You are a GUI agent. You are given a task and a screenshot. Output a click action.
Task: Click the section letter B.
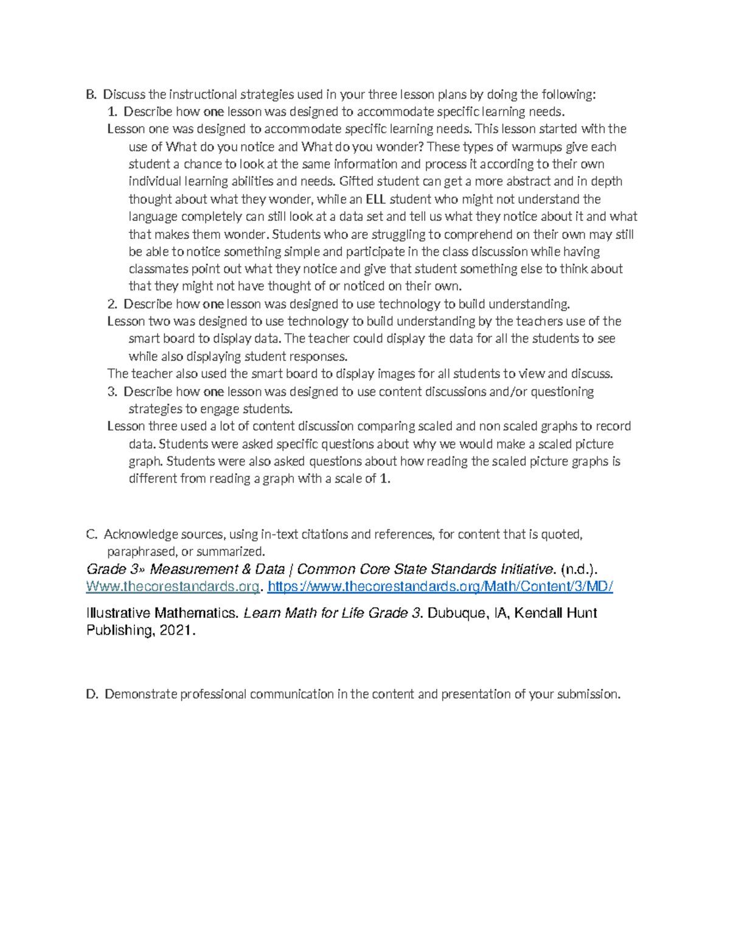[91, 94]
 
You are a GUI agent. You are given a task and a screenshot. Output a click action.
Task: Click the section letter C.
[91, 534]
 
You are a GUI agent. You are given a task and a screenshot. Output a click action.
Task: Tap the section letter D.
[92, 694]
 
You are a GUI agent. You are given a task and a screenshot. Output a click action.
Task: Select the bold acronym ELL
[375, 199]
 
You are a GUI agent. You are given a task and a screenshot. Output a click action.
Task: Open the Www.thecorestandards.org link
[173, 587]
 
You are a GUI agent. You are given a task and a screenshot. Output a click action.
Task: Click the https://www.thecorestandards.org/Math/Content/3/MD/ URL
[440, 587]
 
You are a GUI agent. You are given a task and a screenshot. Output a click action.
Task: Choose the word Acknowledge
[141, 534]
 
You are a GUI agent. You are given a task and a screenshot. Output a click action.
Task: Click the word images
[396, 374]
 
